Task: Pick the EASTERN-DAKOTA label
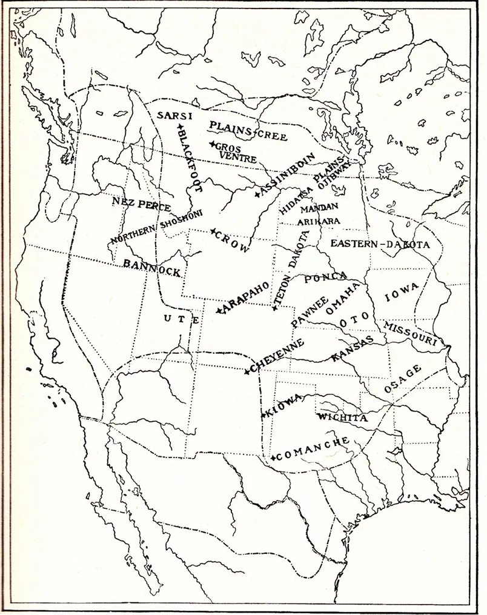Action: pos(379,244)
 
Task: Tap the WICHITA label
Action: pos(342,417)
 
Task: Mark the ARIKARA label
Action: pos(319,221)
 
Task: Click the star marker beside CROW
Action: pos(213,231)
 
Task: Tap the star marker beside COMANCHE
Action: pos(274,457)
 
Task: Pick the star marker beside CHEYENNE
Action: pos(247,371)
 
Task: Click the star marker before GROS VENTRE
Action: pos(211,144)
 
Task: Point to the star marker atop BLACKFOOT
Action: pos(179,127)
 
